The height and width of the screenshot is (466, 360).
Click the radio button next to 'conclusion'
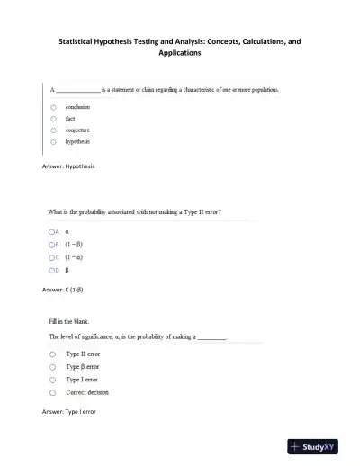[54, 106]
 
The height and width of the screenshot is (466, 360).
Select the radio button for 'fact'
[54, 118]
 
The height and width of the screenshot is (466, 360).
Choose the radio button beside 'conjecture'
[54, 130]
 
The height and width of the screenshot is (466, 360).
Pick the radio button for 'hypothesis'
[54, 141]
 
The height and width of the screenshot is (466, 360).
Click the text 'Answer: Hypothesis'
[68, 166]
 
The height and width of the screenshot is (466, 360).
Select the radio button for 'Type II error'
[54, 354]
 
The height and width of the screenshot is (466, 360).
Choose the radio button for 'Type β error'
[54, 367]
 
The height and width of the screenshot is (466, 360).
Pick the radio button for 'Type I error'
[54, 380]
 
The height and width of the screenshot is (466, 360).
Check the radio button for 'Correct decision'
[54, 392]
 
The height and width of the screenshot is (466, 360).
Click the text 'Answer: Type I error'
[69, 411]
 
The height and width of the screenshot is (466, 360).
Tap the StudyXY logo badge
[319, 446]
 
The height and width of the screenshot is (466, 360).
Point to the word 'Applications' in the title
[180, 53]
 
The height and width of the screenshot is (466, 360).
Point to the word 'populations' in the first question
[261, 90]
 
